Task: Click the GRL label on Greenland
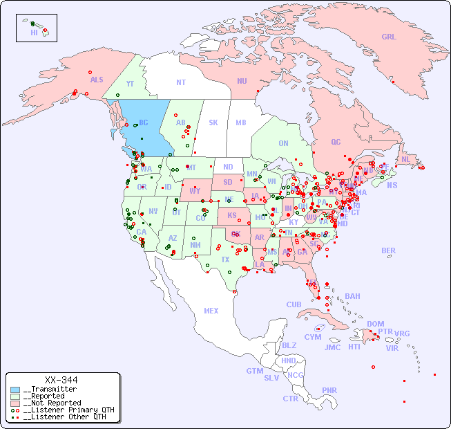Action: [389, 37]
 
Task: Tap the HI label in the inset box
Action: [34, 33]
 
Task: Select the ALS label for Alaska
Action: [97, 80]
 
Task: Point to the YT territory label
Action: [130, 84]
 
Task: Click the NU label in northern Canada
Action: [242, 81]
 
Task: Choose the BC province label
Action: [144, 122]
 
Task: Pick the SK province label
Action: [213, 122]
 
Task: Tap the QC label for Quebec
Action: [336, 142]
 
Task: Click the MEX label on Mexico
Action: [211, 311]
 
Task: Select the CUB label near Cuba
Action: [294, 304]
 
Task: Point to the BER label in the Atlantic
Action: [389, 250]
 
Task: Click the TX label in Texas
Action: [225, 259]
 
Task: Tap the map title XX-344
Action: [61, 380]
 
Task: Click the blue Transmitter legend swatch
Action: [15, 390]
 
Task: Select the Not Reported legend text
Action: [52, 403]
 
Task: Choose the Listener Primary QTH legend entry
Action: [62, 410]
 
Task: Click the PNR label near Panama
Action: [329, 390]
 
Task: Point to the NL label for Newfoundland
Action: [405, 158]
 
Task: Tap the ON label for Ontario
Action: [283, 143]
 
